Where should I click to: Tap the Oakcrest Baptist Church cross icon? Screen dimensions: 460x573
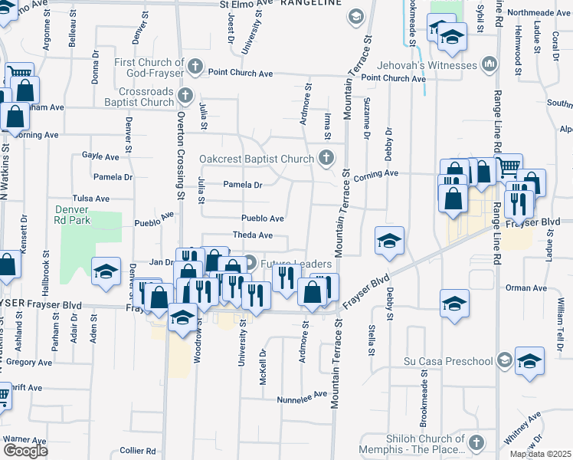[x=327, y=159]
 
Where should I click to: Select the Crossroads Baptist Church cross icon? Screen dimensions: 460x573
[x=185, y=96]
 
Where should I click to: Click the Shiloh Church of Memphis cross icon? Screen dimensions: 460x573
[x=476, y=442]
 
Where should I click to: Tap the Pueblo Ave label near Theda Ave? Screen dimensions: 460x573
[x=263, y=219]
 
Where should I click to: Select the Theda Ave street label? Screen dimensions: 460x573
[x=253, y=235]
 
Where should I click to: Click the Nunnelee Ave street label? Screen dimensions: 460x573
[x=302, y=399]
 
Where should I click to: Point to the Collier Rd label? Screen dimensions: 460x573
[x=138, y=451]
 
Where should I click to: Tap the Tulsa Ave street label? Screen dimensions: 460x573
[x=91, y=198]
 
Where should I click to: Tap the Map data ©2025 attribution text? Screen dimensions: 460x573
[x=540, y=454]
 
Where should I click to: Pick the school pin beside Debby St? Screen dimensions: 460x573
[x=389, y=240]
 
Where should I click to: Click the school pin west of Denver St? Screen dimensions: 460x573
[x=106, y=270]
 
